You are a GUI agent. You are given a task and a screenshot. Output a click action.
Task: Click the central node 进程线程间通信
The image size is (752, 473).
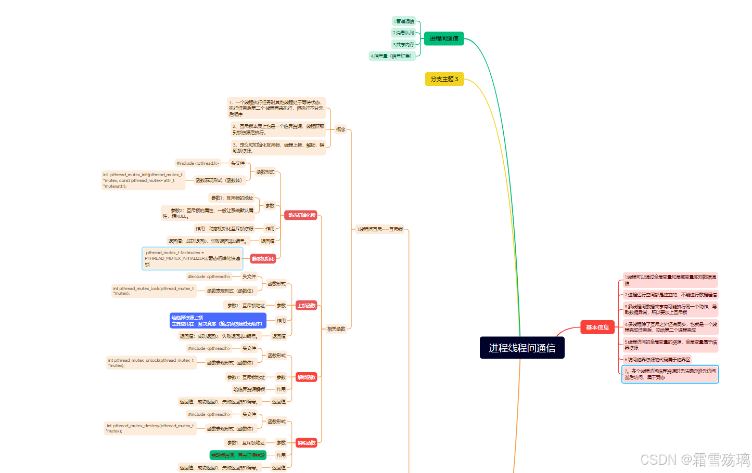click(x=522, y=348)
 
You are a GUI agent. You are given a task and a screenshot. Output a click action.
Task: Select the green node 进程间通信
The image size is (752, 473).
click(x=444, y=38)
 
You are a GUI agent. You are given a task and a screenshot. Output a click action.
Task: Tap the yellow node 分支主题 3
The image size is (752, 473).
click(x=444, y=79)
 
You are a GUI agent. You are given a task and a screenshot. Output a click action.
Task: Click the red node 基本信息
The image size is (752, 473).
click(x=597, y=327)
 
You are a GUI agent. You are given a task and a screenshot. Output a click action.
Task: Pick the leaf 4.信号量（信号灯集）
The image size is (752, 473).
click(x=391, y=56)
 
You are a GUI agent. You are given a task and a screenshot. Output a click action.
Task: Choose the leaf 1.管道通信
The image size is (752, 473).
click(x=404, y=21)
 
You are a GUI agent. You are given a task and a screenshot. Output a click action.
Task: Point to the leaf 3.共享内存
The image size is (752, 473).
click(x=404, y=45)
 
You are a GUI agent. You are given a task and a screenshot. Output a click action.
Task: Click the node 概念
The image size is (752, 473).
click(x=341, y=129)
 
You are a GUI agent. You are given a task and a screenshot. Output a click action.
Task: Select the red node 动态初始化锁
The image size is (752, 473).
click(x=301, y=215)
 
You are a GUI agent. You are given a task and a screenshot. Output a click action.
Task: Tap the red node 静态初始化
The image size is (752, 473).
click(x=263, y=258)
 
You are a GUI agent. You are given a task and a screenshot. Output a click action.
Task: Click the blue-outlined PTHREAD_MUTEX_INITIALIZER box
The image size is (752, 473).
click(x=193, y=258)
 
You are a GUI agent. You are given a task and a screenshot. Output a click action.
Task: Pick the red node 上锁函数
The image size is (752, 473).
click(x=307, y=306)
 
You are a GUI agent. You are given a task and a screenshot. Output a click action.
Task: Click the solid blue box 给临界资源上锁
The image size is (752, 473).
click(x=218, y=321)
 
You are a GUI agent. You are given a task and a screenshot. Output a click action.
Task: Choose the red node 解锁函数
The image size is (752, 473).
click(x=307, y=377)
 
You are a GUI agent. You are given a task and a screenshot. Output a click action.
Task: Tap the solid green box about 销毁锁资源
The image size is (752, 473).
click(x=238, y=455)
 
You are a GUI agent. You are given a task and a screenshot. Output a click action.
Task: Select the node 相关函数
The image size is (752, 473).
click(x=336, y=329)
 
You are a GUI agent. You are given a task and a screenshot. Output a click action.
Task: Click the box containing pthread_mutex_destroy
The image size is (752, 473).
click(x=150, y=428)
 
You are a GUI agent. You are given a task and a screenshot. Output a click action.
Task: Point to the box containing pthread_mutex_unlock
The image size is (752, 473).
click(x=151, y=363)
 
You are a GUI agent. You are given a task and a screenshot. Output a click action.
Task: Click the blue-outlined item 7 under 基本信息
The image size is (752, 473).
click(x=670, y=374)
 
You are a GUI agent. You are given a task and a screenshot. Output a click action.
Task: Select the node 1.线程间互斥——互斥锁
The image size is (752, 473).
click(x=380, y=229)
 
